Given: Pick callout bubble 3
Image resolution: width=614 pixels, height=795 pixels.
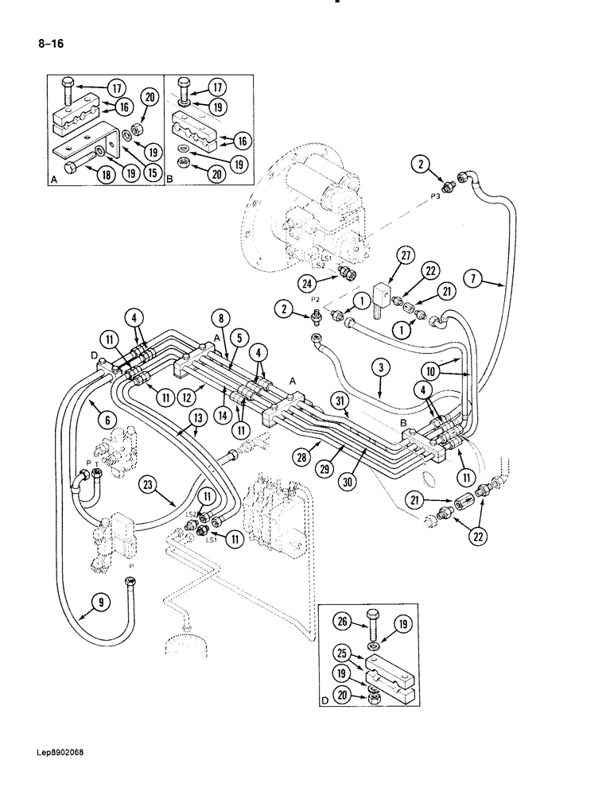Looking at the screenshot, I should click(x=383, y=366).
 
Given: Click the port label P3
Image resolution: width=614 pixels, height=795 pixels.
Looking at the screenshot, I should click(x=436, y=195).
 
